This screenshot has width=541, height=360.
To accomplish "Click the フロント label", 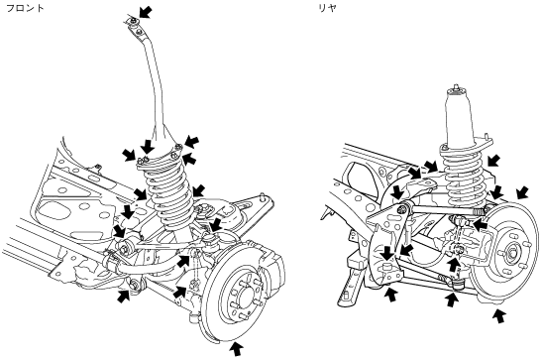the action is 26,8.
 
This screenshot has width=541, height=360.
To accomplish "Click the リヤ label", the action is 327,8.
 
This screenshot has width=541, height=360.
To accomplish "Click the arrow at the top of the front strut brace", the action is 146,12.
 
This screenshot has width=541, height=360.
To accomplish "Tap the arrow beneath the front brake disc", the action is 237,349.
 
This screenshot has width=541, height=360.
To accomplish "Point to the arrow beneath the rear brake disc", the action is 499,315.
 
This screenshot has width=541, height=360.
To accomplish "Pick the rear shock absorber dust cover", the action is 459,116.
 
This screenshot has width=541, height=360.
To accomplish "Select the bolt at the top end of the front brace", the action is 133,22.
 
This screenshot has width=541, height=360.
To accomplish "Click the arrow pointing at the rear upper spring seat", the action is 493,161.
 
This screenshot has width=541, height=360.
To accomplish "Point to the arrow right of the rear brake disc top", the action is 522,192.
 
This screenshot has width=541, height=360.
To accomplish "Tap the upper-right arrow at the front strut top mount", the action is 192,142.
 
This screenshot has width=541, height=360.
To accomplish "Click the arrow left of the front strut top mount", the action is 130,155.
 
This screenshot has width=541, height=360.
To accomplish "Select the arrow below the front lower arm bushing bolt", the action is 124,297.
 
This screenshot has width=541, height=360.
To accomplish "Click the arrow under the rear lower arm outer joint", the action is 451,299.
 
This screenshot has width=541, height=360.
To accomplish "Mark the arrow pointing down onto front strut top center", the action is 148,147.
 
